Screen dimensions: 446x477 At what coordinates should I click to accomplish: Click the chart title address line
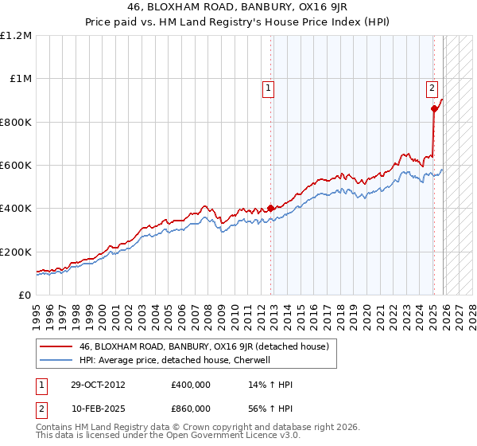(238, 7)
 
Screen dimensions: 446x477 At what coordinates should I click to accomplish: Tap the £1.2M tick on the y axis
(16, 36)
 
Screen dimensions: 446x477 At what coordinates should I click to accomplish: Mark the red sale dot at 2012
(270, 209)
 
